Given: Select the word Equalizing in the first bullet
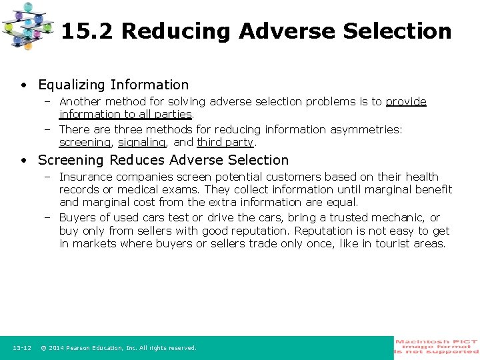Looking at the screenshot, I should [x=72, y=85].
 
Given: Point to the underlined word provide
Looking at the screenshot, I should [x=406, y=101].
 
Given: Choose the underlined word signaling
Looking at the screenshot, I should [x=141, y=142].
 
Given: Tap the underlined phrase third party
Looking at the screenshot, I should [x=225, y=142].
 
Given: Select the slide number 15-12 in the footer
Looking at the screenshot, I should [x=22, y=348].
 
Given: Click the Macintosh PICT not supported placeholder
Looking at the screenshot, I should [x=437, y=347].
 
